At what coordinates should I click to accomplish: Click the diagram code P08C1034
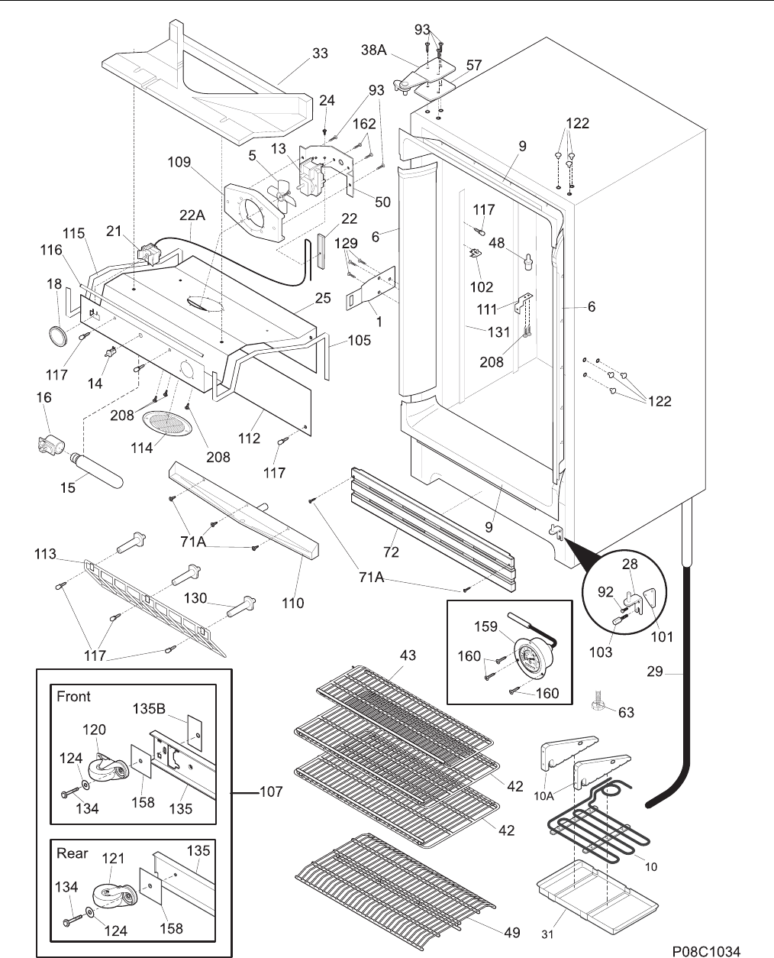[706, 939]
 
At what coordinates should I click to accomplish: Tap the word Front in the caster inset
[73, 697]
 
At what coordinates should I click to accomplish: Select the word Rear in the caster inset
[72, 853]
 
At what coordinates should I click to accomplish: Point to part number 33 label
[320, 53]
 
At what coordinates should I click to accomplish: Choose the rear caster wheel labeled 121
[114, 896]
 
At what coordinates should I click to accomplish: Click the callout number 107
[271, 791]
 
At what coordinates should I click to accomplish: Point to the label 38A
[374, 50]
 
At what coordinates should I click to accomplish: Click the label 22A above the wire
[192, 215]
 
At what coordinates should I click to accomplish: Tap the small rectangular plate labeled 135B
[195, 733]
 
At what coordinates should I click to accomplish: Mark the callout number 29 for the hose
[655, 672]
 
